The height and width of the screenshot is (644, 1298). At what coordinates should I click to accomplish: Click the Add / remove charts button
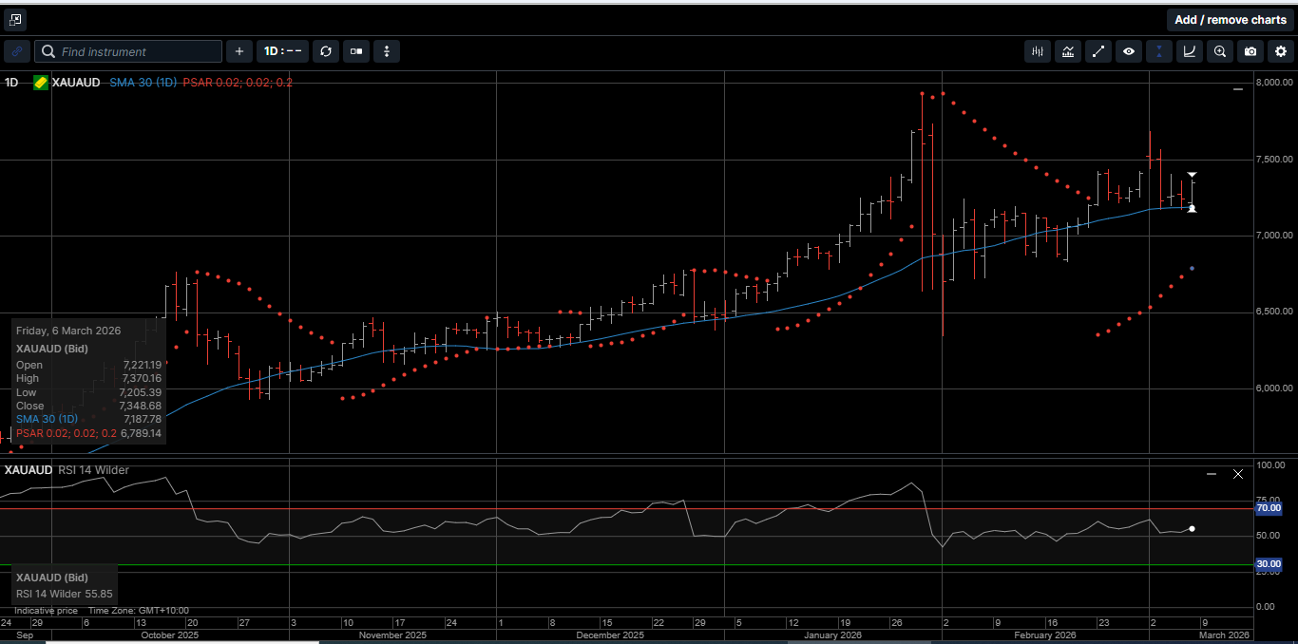1231,20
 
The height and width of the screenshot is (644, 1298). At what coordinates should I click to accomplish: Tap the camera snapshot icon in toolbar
1250,51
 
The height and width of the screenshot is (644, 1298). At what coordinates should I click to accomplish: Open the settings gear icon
1280,51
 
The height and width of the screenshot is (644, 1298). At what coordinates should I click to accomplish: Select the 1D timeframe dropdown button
282,51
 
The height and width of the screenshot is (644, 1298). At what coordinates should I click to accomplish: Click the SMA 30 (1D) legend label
143,83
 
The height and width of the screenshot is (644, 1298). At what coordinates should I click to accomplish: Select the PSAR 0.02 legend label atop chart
238,83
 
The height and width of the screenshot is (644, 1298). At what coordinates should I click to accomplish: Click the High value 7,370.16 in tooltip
142,378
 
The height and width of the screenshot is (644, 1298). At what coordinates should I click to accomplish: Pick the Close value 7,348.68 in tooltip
142,406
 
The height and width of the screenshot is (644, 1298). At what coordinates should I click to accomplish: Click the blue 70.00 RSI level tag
1269,508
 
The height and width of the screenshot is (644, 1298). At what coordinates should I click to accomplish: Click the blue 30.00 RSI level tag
1269,564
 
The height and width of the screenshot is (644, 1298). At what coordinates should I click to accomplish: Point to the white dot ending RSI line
1192,529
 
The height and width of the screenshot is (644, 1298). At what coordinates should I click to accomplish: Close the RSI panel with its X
1237,473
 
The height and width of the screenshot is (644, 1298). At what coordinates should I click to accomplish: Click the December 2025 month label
610,635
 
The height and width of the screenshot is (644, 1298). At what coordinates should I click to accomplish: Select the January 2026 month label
832,635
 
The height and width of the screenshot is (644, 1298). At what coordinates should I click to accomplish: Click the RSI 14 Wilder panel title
93,470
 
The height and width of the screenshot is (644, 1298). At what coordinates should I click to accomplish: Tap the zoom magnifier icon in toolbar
1220,51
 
